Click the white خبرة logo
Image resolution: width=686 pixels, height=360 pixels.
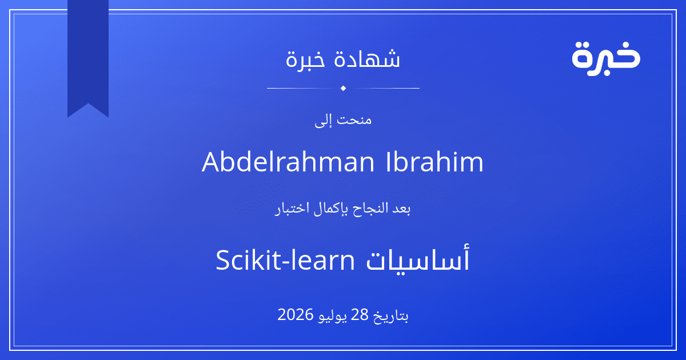606,59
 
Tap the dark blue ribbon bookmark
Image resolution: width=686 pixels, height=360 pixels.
88,55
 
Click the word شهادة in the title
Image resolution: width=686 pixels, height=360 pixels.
367,59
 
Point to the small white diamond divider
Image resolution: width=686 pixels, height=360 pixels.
344,88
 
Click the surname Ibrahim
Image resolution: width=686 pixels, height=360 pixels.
434,162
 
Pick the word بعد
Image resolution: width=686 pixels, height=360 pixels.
401,209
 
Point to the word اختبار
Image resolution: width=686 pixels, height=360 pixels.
290,209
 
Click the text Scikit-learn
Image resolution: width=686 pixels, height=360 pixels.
285,260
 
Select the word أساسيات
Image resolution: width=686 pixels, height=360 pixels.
418,259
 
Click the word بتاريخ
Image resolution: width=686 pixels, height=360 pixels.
391,316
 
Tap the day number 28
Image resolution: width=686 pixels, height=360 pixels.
359,315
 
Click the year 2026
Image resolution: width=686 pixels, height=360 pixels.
296,315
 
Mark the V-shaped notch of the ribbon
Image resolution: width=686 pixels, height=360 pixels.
88,103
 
